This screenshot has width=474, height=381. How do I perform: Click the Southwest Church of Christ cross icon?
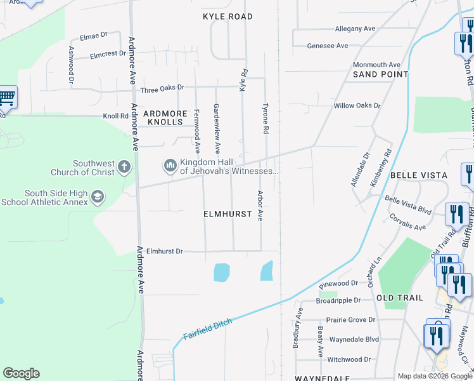coord(124,168)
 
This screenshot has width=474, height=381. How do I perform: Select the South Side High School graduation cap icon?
coord(97,197)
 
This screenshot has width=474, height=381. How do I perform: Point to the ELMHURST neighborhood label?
coord(227,215)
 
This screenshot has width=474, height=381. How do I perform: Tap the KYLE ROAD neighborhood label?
coord(227,17)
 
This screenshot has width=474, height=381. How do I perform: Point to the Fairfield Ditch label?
coord(207,328)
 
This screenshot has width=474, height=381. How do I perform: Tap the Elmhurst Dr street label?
coord(164,251)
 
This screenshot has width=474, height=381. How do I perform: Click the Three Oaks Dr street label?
coord(162,88)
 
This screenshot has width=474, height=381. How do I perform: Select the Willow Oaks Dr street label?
coord(357,105)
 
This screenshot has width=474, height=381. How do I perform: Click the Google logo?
coord(21,373)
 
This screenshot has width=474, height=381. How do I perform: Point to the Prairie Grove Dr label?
coord(350,320)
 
